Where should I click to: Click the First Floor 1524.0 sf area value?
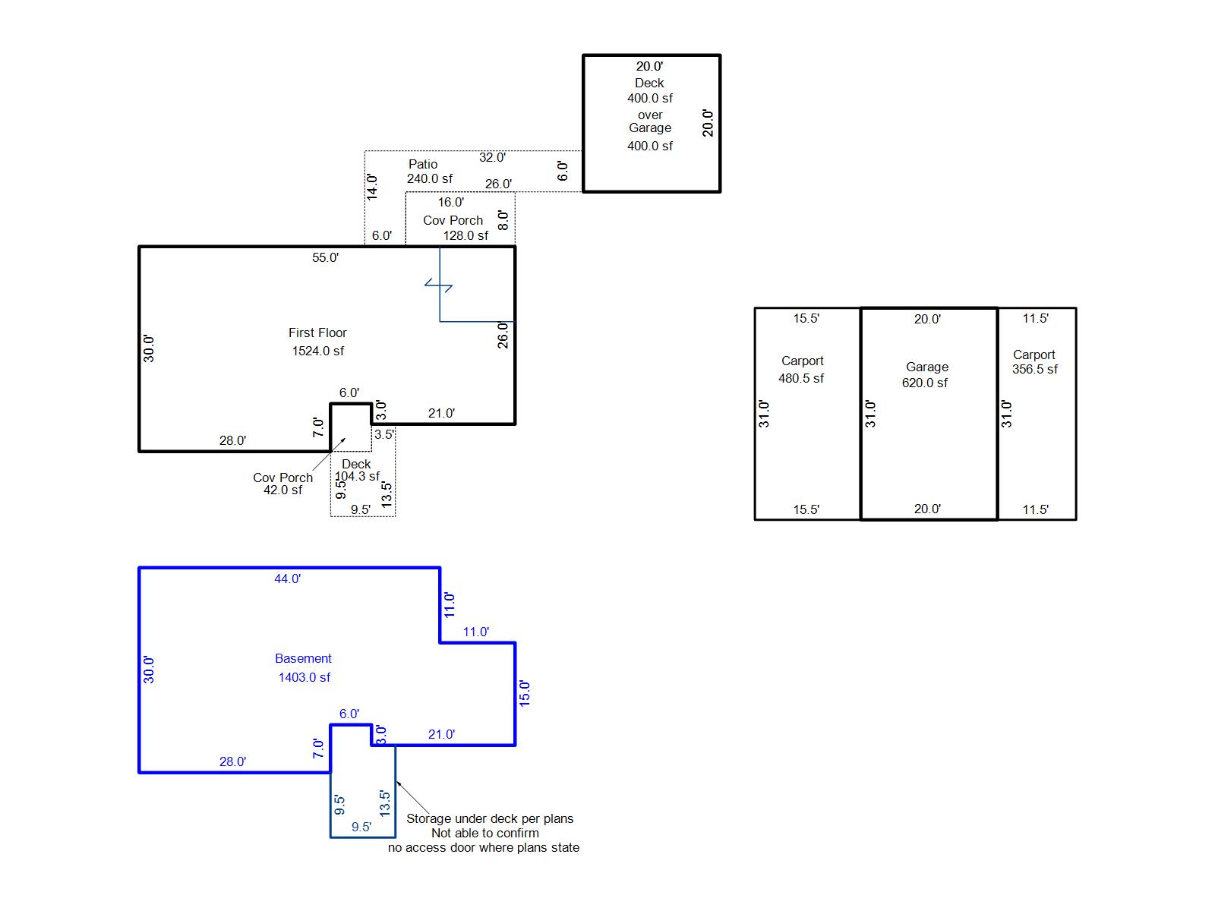(317, 351)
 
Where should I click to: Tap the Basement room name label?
(303, 658)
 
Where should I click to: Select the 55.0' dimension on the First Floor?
(325, 257)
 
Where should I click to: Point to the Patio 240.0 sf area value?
(430, 178)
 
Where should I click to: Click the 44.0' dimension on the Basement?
(287, 578)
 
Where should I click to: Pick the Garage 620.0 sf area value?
(924, 383)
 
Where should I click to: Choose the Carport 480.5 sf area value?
(801, 378)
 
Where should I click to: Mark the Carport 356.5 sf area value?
(1034, 369)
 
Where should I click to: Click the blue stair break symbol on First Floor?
(438, 285)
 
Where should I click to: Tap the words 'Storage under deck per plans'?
(490, 818)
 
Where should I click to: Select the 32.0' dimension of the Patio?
(492, 157)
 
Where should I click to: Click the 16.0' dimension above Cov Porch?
(450, 203)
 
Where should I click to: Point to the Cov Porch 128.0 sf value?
(465, 235)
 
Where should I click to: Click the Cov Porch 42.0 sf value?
(282, 490)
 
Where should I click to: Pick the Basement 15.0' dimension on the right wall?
(524, 694)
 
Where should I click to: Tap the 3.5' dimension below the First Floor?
(384, 434)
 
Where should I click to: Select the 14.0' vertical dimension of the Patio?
(372, 187)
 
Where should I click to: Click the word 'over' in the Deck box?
(650, 115)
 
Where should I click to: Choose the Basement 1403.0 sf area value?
(304, 677)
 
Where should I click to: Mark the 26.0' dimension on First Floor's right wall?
(502, 336)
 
